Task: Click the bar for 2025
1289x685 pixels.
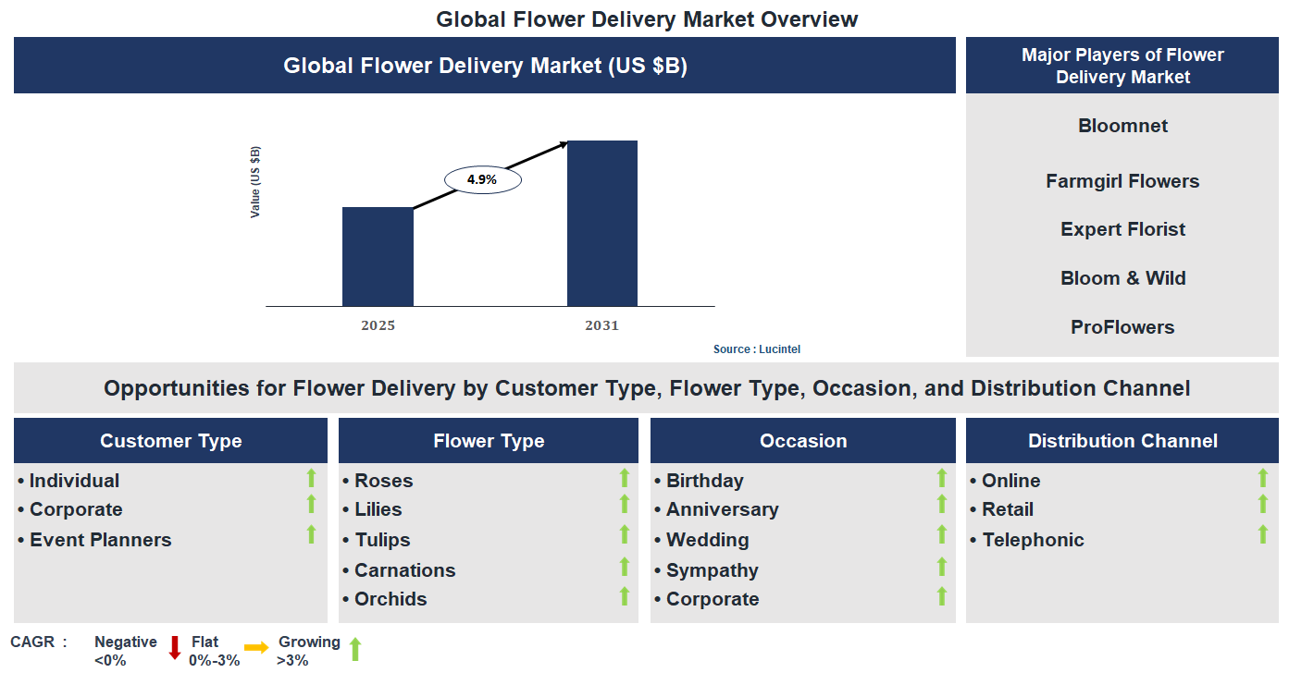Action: (x=378, y=256)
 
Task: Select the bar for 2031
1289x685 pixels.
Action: (x=601, y=223)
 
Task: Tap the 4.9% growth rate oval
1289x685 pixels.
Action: (x=482, y=180)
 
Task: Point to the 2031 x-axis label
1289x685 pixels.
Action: (x=601, y=325)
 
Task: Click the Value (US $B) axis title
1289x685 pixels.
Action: (x=255, y=182)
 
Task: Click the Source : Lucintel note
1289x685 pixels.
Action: (x=756, y=349)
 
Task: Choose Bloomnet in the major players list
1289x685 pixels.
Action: (x=1122, y=126)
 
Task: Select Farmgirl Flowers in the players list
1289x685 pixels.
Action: (x=1122, y=181)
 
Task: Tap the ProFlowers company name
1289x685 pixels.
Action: (x=1122, y=327)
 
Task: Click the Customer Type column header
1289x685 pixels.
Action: (x=170, y=441)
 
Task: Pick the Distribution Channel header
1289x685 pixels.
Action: (x=1122, y=441)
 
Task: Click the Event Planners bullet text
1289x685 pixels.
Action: (x=100, y=540)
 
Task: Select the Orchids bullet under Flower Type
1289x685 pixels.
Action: (x=390, y=599)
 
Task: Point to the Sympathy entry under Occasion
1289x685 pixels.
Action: (x=712, y=570)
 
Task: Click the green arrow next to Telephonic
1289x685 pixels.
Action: (x=1262, y=534)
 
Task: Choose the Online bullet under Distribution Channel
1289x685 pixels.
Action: (x=1010, y=481)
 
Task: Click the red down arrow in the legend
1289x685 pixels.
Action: (x=174, y=647)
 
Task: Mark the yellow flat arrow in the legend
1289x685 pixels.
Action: (x=256, y=647)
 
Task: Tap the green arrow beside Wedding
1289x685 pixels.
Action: (x=942, y=534)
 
